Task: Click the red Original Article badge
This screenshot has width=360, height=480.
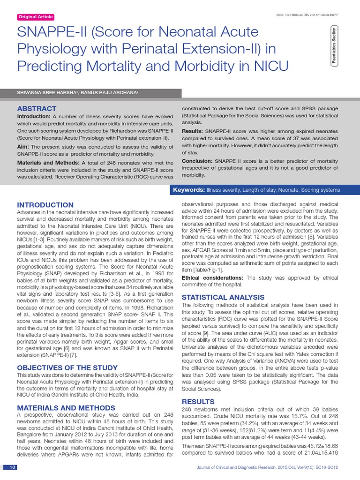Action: tap(36, 17)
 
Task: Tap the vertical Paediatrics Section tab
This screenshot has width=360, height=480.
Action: tap(334, 46)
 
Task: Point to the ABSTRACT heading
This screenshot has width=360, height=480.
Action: tap(37, 109)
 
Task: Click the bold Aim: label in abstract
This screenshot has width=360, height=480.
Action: tap(24, 147)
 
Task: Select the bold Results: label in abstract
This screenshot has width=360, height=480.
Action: tap(192, 131)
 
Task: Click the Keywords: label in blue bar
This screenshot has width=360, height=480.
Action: tap(189, 190)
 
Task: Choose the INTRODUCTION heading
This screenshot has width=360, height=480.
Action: tap(45, 205)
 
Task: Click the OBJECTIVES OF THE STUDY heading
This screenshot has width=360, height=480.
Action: tap(67, 368)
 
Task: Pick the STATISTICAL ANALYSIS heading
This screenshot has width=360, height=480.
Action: tap(223, 297)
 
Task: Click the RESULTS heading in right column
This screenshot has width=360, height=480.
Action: tap(198, 402)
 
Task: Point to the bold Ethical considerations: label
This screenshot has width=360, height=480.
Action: tap(212, 278)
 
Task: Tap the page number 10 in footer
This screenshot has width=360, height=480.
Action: tap(13, 467)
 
